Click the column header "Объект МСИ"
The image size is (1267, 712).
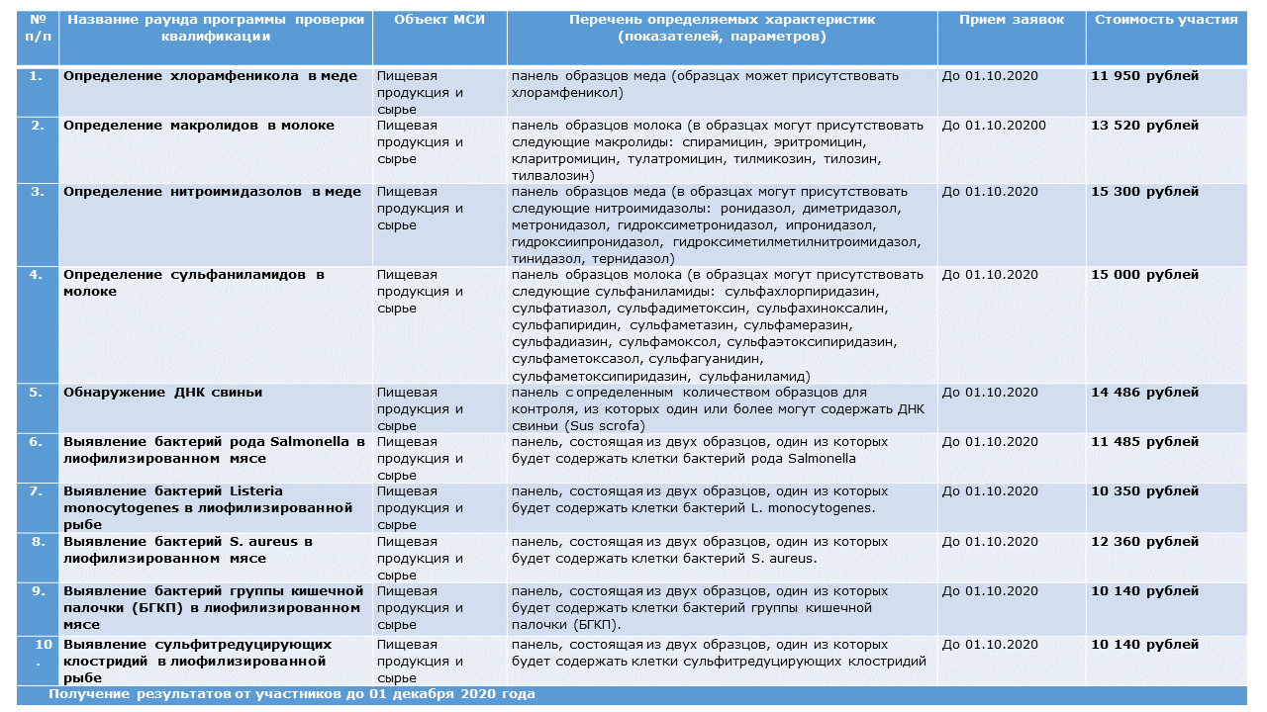(439, 20)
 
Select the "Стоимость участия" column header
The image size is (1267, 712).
(1166, 20)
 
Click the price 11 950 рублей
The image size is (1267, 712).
(1143, 76)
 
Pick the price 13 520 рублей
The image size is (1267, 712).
(1143, 126)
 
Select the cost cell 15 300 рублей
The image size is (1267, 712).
(1143, 192)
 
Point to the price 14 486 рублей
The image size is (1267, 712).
(1143, 393)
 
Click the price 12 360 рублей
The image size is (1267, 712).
(1143, 542)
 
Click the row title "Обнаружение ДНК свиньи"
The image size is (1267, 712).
(162, 393)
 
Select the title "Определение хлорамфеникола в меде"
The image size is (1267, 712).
(210, 76)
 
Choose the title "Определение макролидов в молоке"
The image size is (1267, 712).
(198, 126)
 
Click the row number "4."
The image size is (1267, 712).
(37, 275)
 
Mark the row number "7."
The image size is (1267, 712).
(37, 491)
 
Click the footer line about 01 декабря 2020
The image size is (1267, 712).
(291, 694)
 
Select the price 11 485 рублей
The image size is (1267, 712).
(1143, 442)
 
